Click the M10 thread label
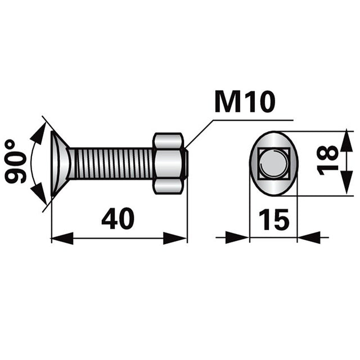(x=245, y=103)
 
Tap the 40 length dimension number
(x=118, y=219)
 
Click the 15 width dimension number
(x=273, y=219)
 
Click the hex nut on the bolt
(x=168, y=164)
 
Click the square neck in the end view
(x=273, y=163)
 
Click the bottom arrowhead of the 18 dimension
(x=344, y=187)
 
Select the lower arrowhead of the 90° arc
(x=39, y=195)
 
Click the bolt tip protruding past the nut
(x=185, y=163)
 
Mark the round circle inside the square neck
(x=274, y=164)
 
